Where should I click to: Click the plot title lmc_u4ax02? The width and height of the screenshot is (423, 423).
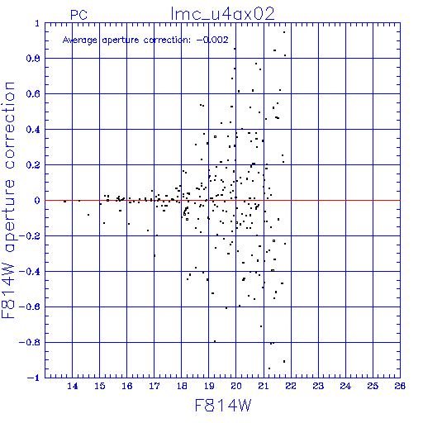pos(222,14)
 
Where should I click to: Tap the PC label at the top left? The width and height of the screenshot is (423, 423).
pos(78,15)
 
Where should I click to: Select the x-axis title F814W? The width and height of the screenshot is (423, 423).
pos(223,406)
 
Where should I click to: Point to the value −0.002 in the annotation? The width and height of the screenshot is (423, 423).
pos(212,40)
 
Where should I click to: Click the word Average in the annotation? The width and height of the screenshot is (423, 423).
pos(80,40)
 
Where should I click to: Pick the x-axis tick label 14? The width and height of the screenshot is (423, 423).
pos(73,386)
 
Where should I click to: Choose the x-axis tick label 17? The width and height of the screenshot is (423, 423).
pos(154,386)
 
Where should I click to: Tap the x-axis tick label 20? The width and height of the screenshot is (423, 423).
pos(236,386)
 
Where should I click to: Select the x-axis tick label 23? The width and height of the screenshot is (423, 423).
pos(318,386)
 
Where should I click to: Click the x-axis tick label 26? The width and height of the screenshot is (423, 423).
pos(400,386)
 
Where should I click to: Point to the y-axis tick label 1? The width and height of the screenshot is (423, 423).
pos(37,23)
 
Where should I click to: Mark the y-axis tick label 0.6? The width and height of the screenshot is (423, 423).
pos(33,94)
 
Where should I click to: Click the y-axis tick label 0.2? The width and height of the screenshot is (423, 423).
pos(33,165)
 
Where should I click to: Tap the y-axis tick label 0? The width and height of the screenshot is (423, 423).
pos(37,201)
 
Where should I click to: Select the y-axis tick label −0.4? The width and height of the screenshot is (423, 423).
pos(30,272)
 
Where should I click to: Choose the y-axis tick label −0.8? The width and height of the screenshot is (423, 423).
pos(30,343)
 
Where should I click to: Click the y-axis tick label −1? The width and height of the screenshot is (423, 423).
pos(34,378)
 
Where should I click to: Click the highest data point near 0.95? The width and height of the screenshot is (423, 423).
pos(284,32)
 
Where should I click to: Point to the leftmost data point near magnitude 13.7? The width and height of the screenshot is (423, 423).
pos(64,202)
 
